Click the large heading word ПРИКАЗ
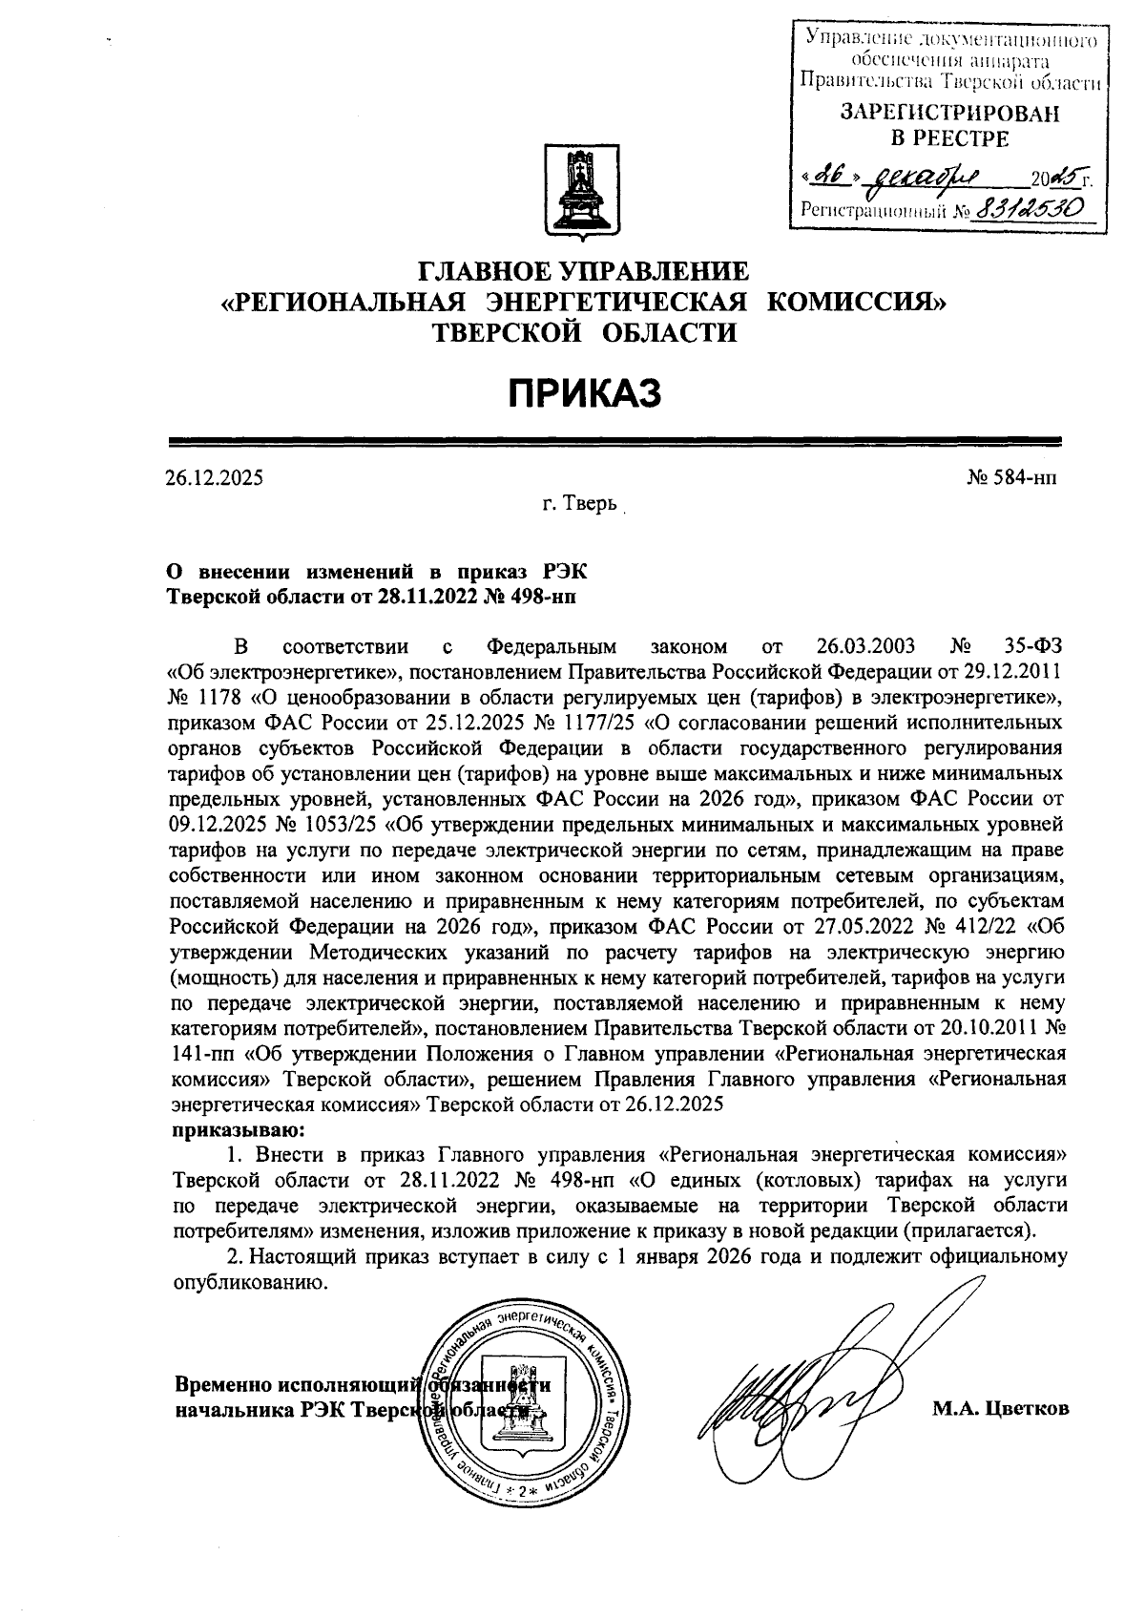(583, 392)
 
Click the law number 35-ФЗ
(1033, 646)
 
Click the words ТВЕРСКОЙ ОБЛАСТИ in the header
(585, 332)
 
